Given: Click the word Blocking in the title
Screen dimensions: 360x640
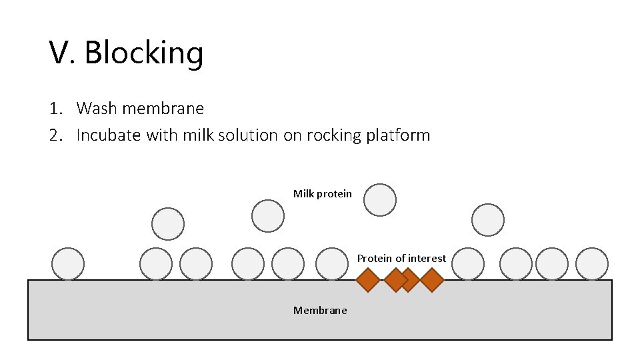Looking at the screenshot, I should (x=144, y=53).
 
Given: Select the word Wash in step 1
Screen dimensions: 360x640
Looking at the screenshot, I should (x=95, y=108).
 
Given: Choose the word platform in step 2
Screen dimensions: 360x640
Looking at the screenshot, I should (x=398, y=135).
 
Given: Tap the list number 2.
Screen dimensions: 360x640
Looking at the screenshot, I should (x=55, y=135).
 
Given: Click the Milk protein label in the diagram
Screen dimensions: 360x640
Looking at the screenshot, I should (x=323, y=194).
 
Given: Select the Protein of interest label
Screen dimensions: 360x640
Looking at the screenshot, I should (x=401, y=258).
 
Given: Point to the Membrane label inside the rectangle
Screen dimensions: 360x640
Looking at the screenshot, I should (x=320, y=311).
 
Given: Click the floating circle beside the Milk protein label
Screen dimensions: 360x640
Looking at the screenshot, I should (x=380, y=200).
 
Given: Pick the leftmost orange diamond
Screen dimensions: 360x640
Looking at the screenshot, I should (x=367, y=280).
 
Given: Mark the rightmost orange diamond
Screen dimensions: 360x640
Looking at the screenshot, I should (x=432, y=280).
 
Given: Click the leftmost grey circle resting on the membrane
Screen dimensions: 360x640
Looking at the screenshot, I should (x=68, y=263).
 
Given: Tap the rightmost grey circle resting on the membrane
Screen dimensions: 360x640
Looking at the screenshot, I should (x=592, y=263).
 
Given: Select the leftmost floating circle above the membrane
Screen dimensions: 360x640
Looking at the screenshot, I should (x=167, y=223).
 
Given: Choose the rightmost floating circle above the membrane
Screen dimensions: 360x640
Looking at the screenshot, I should (x=488, y=220).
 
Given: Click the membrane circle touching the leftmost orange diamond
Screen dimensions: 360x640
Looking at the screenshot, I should (x=332, y=263).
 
